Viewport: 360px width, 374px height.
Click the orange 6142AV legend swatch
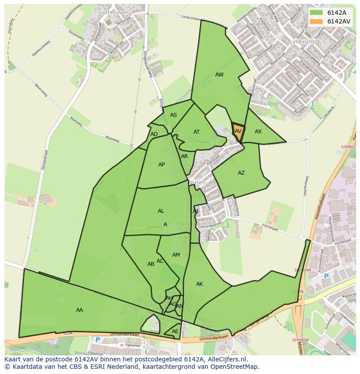point(317,21)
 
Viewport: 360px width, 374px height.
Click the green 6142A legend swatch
point(317,13)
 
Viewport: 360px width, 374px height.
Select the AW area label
point(220,75)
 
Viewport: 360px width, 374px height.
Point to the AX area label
point(258,131)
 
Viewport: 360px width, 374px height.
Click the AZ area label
point(241,173)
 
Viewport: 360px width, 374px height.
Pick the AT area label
point(197,132)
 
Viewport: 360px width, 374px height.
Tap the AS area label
point(173,115)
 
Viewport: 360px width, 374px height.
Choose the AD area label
point(154,134)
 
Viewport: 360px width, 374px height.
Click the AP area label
point(161,165)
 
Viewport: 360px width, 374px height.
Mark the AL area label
point(161,211)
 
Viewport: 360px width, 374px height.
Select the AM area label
point(176,255)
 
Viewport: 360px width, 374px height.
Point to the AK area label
point(200,284)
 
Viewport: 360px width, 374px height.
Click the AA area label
point(80,310)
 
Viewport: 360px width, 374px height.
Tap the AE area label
point(175,331)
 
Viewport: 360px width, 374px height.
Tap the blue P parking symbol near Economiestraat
point(326,276)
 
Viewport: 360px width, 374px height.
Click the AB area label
point(151,264)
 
